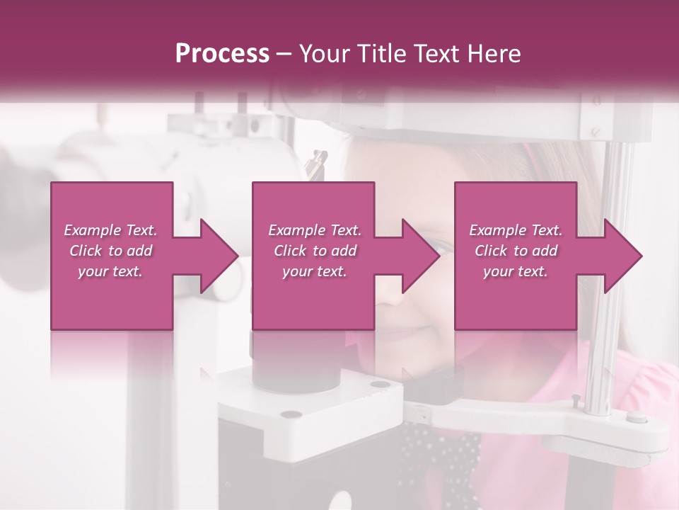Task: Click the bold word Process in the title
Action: tap(222, 53)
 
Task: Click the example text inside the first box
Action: tap(111, 251)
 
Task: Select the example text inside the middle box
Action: tap(314, 251)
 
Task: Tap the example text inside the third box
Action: tap(516, 251)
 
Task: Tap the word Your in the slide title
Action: tap(321, 53)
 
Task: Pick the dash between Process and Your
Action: tap(284, 54)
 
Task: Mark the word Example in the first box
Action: tap(91, 230)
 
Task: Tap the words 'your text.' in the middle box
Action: tap(314, 271)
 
